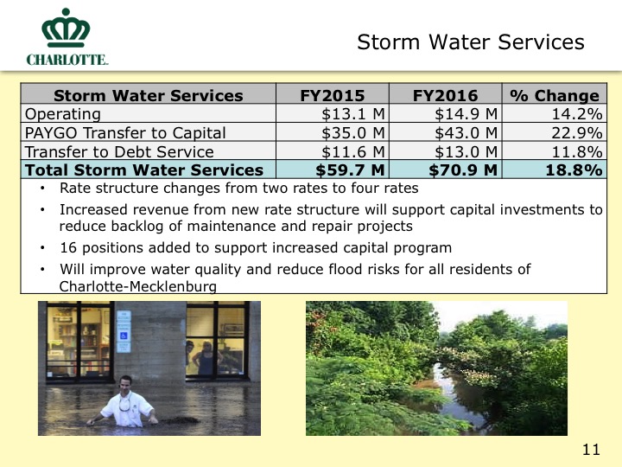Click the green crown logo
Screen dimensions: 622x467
click(x=66, y=28)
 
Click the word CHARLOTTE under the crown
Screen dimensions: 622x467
click(x=67, y=60)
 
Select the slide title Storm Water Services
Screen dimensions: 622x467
click(x=471, y=42)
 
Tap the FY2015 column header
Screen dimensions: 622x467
click(x=333, y=96)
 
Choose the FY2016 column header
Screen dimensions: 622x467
click(x=446, y=96)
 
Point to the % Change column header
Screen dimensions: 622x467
click(x=555, y=96)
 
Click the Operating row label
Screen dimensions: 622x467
click(x=63, y=114)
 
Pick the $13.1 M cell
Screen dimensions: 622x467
click(x=353, y=114)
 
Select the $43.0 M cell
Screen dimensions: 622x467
click(x=466, y=133)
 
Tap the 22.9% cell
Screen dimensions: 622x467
click(x=577, y=133)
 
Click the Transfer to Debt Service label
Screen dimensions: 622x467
click(x=119, y=152)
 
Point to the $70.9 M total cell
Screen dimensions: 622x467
click(x=463, y=170)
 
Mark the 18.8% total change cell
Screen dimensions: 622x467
click(x=574, y=170)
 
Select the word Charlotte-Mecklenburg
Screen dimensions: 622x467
click(x=138, y=286)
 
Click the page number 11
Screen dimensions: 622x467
click(x=591, y=450)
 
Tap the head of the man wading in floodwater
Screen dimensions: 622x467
click(x=126, y=384)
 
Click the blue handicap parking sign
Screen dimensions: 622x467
click(x=124, y=336)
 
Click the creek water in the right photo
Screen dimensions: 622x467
click(x=452, y=393)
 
